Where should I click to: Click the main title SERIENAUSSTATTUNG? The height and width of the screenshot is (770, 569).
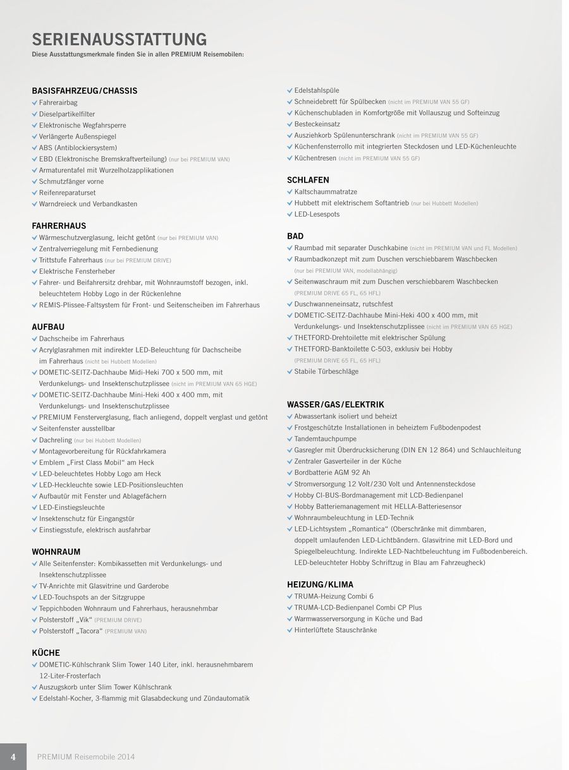coord(119,39)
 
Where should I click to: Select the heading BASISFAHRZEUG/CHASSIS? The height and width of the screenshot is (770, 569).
coord(84,91)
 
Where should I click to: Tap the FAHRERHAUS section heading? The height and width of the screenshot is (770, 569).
coord(59,226)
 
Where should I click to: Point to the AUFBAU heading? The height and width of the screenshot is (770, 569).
coord(48,327)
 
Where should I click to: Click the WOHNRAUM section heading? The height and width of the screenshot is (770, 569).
coord(56,551)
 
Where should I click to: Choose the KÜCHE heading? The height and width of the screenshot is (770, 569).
coord(46,653)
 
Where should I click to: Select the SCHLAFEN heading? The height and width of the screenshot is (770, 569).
coord(308,180)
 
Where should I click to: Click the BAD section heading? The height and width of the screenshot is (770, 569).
coord(295,236)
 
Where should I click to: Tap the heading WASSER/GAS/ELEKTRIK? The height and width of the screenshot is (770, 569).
coord(335,404)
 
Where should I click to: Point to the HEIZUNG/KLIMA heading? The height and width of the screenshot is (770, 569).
coord(320,584)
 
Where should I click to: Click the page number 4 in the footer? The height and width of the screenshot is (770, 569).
coord(13,757)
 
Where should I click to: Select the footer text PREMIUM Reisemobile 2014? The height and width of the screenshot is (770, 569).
coord(86,757)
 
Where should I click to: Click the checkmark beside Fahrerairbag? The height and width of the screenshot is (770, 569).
coord(35,102)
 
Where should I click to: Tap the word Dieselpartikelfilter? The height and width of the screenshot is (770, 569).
coord(67,114)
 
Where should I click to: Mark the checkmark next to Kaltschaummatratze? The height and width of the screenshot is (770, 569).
coord(290,191)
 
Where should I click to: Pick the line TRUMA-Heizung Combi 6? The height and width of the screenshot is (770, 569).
coord(334,596)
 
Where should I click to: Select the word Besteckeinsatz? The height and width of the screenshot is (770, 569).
coord(317,124)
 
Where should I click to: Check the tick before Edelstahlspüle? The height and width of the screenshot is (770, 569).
coord(290,90)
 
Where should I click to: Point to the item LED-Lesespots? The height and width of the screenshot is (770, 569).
coord(317,214)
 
